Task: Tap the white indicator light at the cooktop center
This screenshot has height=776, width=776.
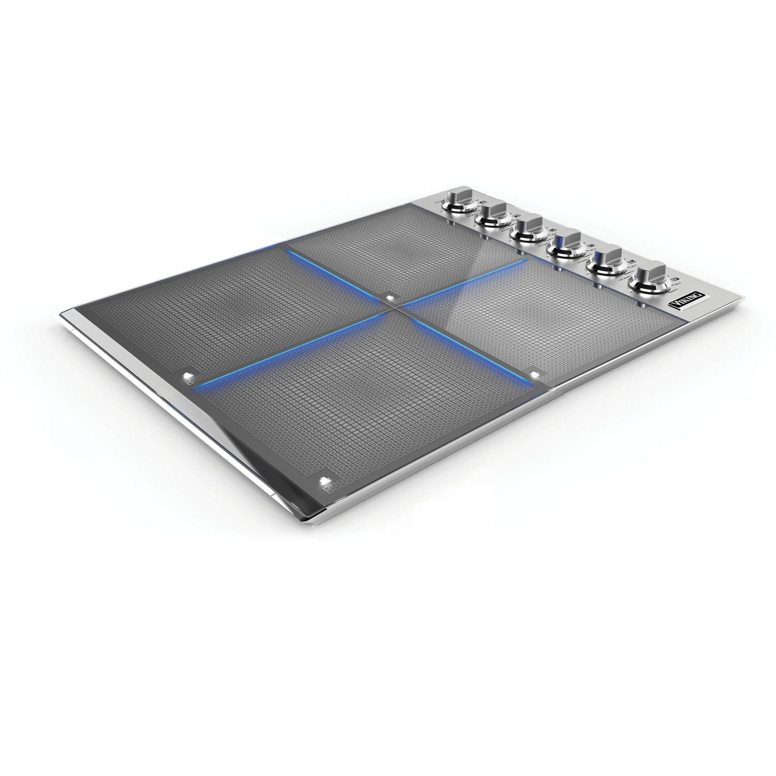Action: coord(389,297)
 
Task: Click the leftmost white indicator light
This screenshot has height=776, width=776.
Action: coord(187,376)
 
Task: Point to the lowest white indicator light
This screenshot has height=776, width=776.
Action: coord(325,481)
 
